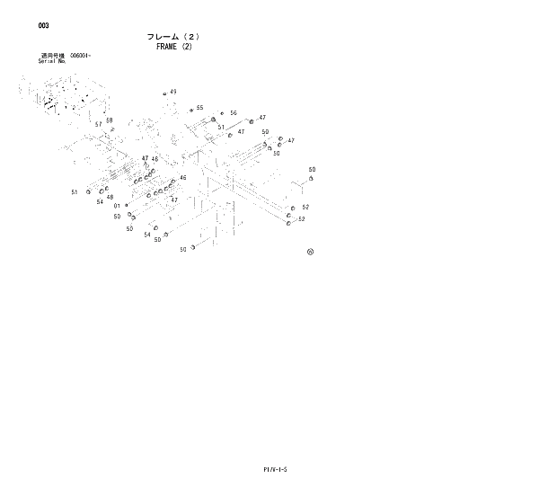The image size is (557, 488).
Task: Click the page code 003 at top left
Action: click(43, 26)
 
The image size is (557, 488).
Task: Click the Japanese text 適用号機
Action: click(51, 56)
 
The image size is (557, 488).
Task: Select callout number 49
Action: click(172, 92)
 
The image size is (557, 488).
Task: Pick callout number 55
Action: click(199, 108)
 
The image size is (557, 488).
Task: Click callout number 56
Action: click(233, 113)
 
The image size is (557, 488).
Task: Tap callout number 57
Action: click(99, 124)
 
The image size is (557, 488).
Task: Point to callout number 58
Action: click(109, 120)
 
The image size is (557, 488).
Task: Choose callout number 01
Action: click(117, 207)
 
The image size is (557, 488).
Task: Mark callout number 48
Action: click(110, 198)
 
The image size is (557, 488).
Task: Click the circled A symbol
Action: click(310, 252)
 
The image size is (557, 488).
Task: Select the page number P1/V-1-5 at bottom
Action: click(274, 469)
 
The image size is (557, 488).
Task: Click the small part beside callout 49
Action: click(164, 93)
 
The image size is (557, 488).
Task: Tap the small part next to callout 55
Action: click(190, 110)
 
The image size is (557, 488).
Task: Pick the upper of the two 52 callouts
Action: click(305, 208)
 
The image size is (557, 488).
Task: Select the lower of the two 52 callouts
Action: click(302, 219)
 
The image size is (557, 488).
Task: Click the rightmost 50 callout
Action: click(312, 170)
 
